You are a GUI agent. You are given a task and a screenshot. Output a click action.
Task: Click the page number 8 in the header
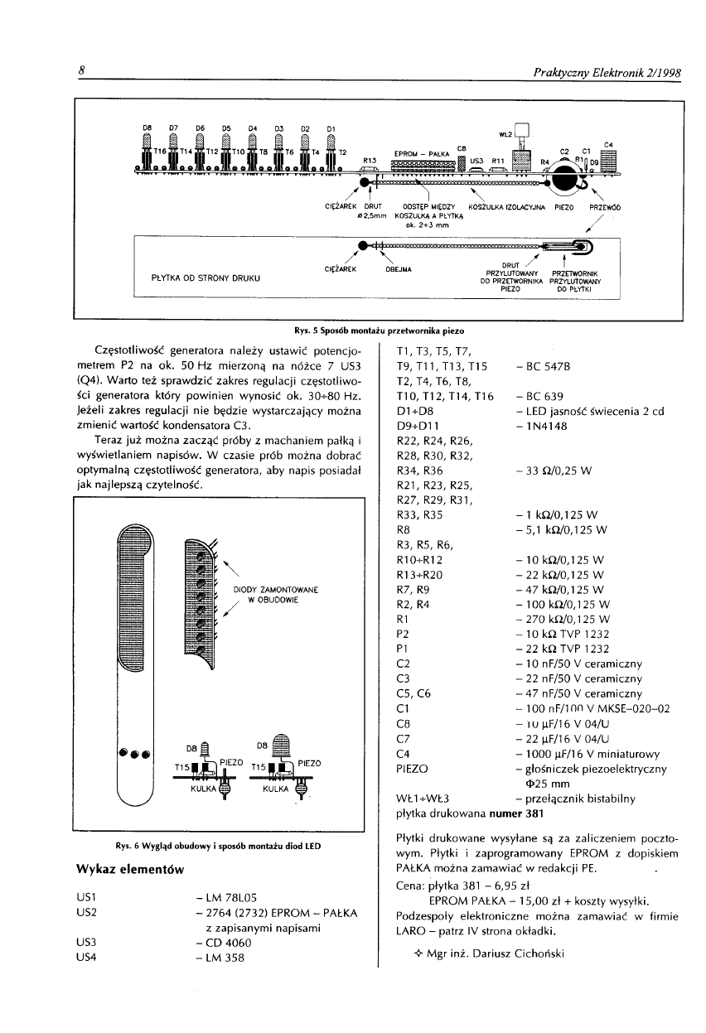coord(83,72)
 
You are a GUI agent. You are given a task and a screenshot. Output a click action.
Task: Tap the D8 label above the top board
coord(147,128)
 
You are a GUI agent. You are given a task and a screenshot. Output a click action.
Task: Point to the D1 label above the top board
coord(331,128)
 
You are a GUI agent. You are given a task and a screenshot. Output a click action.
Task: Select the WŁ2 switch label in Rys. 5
coord(505,133)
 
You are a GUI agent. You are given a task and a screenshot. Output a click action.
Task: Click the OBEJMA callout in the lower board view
coord(401,268)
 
